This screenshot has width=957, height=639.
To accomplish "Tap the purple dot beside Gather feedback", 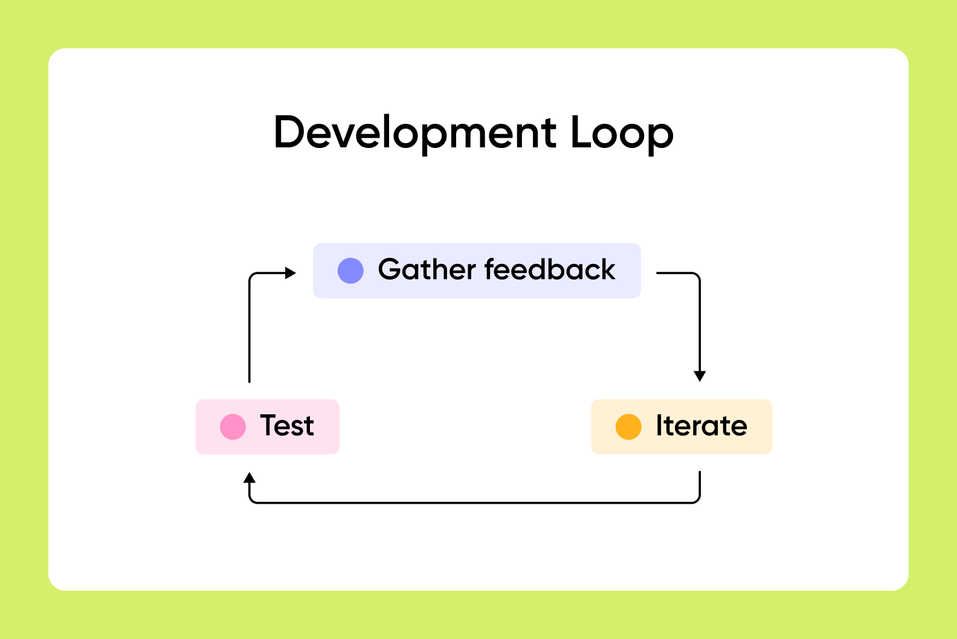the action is (350, 271).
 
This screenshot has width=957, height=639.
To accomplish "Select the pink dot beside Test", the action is (233, 426).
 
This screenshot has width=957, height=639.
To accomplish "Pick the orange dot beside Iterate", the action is (628, 426).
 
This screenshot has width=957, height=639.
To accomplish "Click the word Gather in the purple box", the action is (427, 269).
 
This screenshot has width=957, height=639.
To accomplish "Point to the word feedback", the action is (550, 269).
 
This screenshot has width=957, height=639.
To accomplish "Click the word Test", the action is (287, 425).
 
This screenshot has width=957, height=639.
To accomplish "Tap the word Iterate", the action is (701, 425).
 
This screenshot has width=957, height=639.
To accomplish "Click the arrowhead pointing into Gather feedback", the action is (291, 272).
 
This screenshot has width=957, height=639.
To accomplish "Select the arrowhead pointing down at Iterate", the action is (700, 376).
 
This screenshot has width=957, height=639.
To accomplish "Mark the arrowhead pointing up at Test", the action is (250, 478).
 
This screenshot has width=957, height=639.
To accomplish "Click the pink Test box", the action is (268, 427).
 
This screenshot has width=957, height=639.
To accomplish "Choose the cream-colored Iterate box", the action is (682, 427).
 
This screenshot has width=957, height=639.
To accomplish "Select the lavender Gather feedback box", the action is (477, 271).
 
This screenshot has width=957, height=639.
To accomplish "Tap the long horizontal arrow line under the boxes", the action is (474, 503).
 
